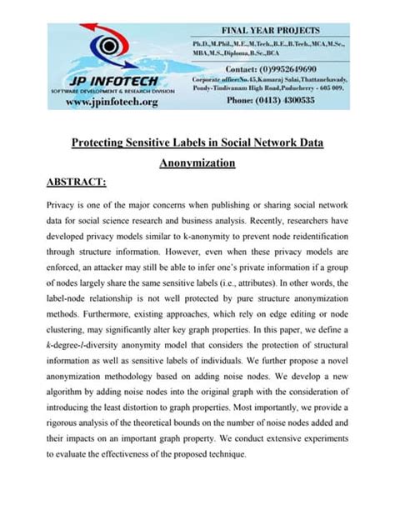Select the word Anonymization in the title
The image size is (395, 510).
197,163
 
